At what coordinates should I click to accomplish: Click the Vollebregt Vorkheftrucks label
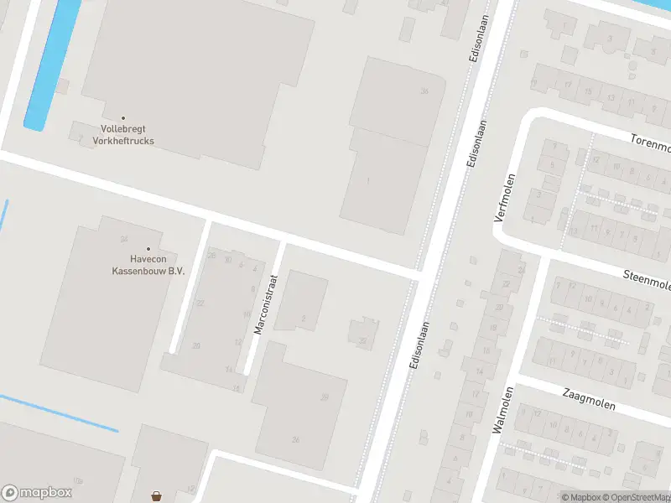[122, 135]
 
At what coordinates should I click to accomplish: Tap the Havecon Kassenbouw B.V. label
[148, 264]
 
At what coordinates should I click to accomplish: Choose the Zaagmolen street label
[589, 399]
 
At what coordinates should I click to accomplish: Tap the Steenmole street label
[647, 281]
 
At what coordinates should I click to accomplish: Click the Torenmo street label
[651, 147]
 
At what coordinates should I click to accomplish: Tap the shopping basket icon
[157, 496]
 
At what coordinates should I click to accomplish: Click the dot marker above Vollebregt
[123, 118]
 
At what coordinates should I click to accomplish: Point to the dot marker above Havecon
[148, 248]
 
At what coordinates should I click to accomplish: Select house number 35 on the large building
[425, 91]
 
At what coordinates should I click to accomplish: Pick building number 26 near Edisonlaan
[295, 439]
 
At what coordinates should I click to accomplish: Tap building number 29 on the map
[324, 397]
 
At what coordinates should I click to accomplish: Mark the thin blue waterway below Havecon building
[59, 412]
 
